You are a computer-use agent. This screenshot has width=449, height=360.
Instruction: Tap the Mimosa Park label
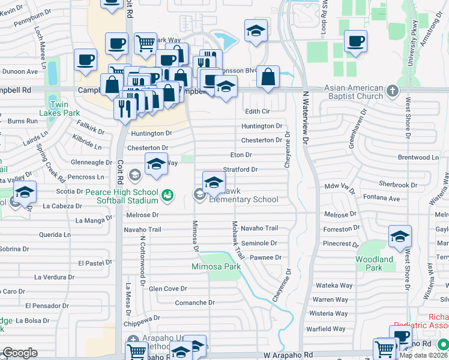216,266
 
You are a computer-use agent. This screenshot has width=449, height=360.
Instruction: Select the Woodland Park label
374,263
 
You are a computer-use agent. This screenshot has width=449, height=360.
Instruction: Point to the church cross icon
393,91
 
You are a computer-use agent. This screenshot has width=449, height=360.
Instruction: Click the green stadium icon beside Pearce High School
167,195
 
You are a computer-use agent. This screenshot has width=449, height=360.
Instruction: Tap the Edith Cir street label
258,112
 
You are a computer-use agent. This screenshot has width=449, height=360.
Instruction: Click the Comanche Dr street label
194,303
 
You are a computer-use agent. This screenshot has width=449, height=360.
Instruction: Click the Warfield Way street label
327,329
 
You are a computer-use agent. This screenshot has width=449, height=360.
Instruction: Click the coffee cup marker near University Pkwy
355,43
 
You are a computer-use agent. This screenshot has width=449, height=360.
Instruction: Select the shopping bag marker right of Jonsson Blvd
268,79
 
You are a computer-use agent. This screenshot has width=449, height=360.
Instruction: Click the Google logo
20,353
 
